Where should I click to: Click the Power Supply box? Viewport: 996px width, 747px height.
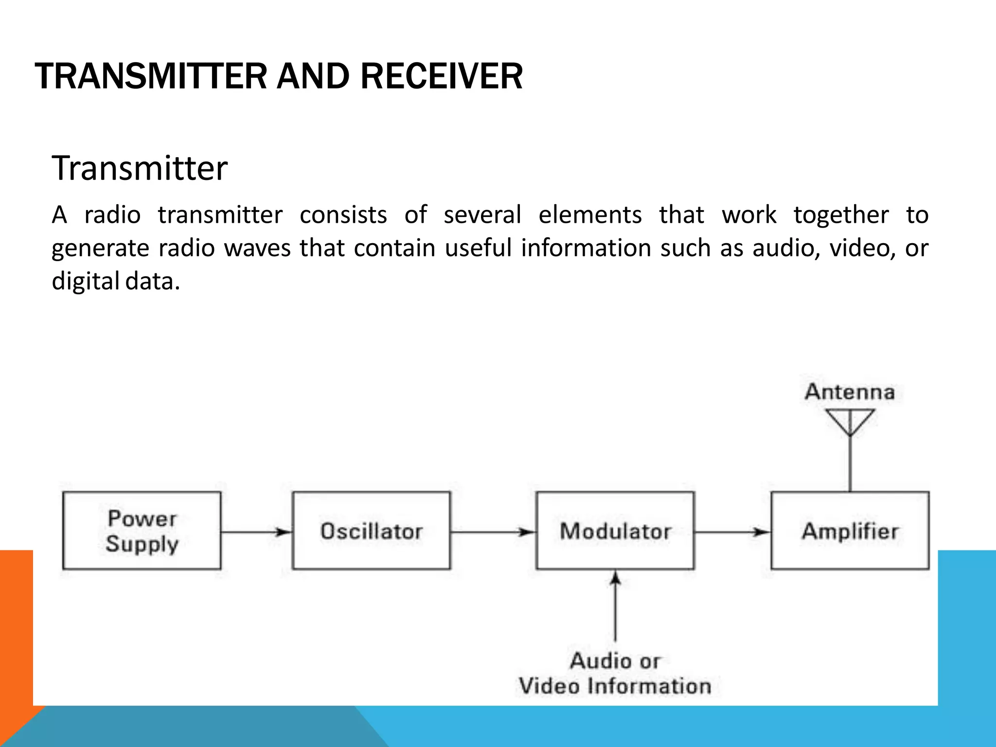[x=142, y=531]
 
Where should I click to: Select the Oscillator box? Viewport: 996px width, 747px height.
[x=371, y=531]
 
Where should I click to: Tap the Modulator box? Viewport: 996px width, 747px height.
[x=615, y=531]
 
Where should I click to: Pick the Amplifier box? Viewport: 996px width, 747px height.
[x=850, y=531]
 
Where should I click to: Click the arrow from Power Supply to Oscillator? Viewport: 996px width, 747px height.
[x=256, y=532]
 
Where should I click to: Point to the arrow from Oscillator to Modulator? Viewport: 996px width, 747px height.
[x=493, y=532]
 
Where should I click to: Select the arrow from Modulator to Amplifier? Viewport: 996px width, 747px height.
[x=732, y=532]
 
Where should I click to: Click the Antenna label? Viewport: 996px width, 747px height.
[x=850, y=392]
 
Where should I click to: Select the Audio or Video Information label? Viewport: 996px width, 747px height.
[x=615, y=674]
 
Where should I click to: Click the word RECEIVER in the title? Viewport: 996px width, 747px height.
[x=441, y=77]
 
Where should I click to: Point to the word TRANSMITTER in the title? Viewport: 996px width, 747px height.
[x=151, y=77]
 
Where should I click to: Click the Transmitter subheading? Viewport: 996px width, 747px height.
[x=140, y=168]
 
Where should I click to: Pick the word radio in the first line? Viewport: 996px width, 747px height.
[x=112, y=215]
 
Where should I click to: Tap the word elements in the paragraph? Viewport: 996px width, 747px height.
[x=590, y=215]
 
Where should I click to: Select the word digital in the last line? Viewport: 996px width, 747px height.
[x=85, y=281]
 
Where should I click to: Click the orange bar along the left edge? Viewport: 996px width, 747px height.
[x=16, y=627]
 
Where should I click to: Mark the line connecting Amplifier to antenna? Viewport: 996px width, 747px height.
[x=850, y=464]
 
